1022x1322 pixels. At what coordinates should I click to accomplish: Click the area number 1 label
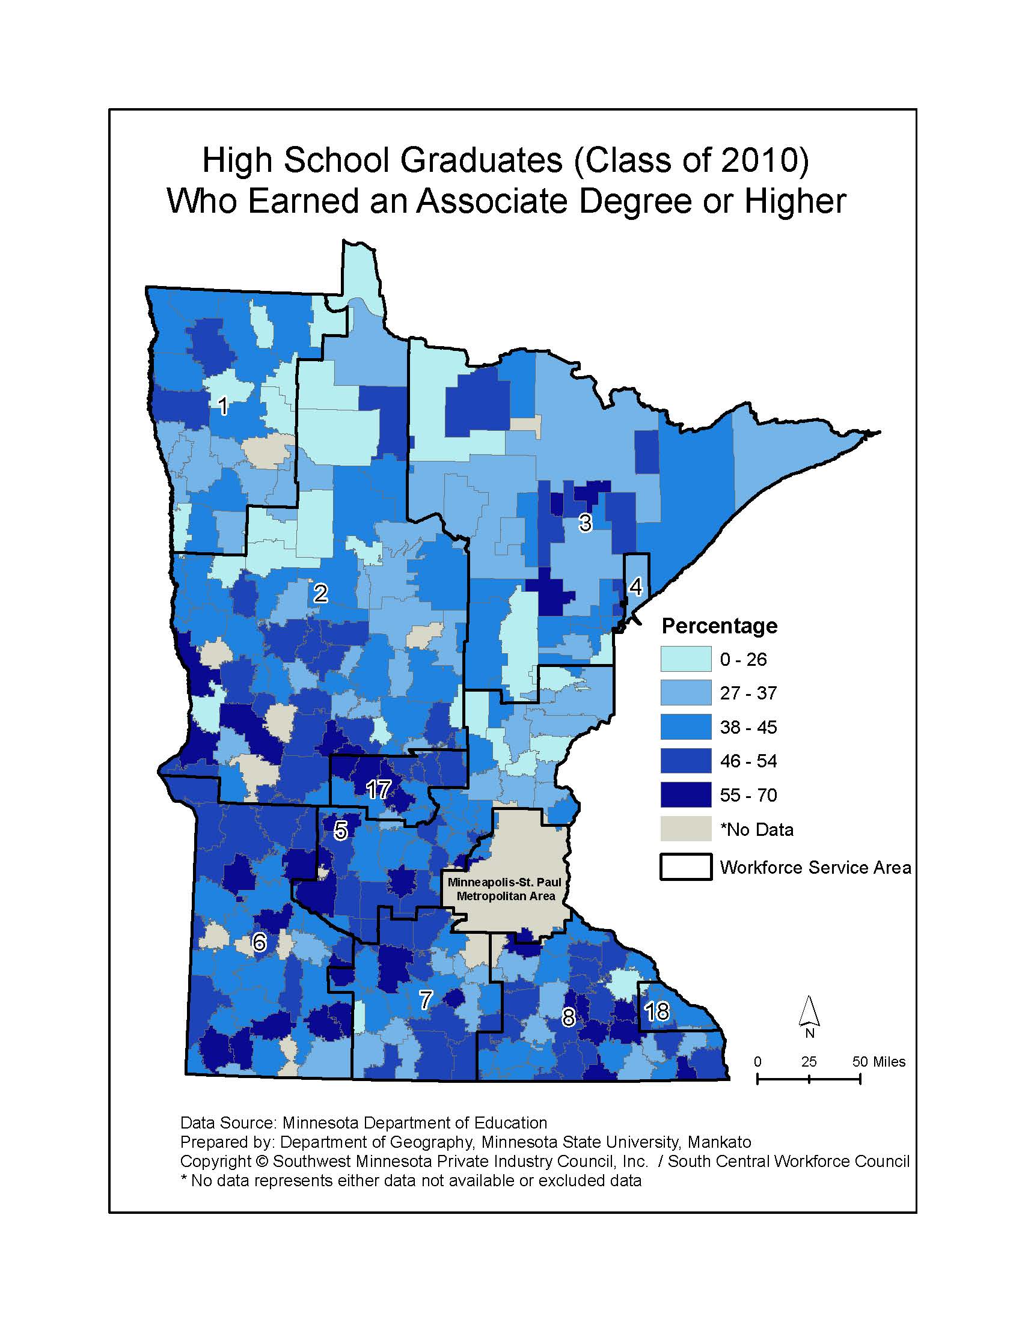pos(223,406)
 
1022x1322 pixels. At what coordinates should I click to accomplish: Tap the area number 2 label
pos(320,593)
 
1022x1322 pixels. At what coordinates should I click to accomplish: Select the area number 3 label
pos(584,522)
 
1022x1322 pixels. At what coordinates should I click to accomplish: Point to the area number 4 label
pos(635,586)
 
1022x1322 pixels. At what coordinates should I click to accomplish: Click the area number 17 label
pos(379,790)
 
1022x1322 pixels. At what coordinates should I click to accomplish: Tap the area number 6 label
pos(259,942)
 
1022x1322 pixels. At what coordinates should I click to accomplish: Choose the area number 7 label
pos(426,1000)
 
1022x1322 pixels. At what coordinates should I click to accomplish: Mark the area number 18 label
pos(657,1011)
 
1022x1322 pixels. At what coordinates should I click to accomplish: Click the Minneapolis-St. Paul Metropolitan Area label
pos(505,889)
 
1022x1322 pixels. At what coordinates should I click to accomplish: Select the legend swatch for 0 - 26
pos(685,659)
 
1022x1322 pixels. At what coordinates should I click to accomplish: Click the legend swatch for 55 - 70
pos(685,795)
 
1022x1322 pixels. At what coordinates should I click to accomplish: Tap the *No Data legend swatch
pos(685,829)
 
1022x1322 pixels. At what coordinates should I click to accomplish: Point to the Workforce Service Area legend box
pos(685,867)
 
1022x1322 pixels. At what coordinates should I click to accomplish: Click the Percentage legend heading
pos(719,626)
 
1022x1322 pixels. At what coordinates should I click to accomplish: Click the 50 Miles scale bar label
pos(879,1061)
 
